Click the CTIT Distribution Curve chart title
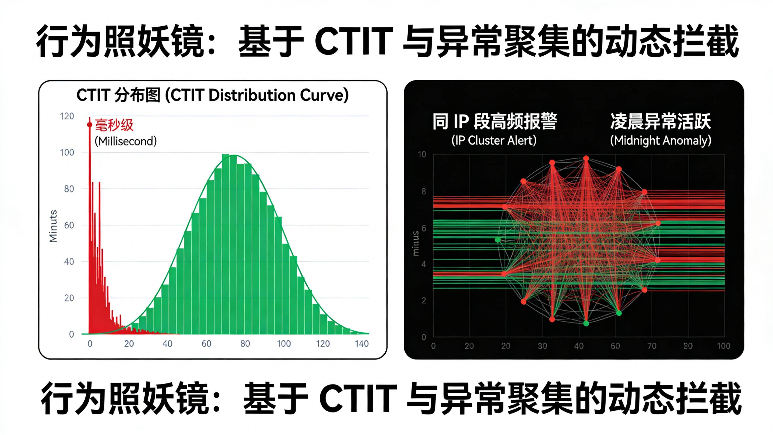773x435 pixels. [212, 96]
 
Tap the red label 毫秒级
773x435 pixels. [114, 125]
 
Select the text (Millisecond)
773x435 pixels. [126, 141]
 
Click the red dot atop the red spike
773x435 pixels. [89, 125]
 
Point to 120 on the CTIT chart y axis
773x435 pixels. [67, 116]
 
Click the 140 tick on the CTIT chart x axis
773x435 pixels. [361, 344]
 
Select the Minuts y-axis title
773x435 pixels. [53, 226]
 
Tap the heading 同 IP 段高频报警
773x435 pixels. [495, 122]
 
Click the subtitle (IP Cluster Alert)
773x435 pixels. [494, 141]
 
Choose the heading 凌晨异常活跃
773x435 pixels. [661, 122]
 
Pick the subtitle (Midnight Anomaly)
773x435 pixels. [661, 141]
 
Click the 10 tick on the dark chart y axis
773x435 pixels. [422, 155]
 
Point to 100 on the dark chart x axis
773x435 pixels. [723, 346]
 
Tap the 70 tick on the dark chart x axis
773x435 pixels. [652, 346]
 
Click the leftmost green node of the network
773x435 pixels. [498, 239]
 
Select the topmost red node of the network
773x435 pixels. [586, 158]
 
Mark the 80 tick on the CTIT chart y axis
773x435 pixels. [69, 189]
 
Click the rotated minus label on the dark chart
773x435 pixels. [416, 243]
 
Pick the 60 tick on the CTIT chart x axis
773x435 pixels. [206, 344]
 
